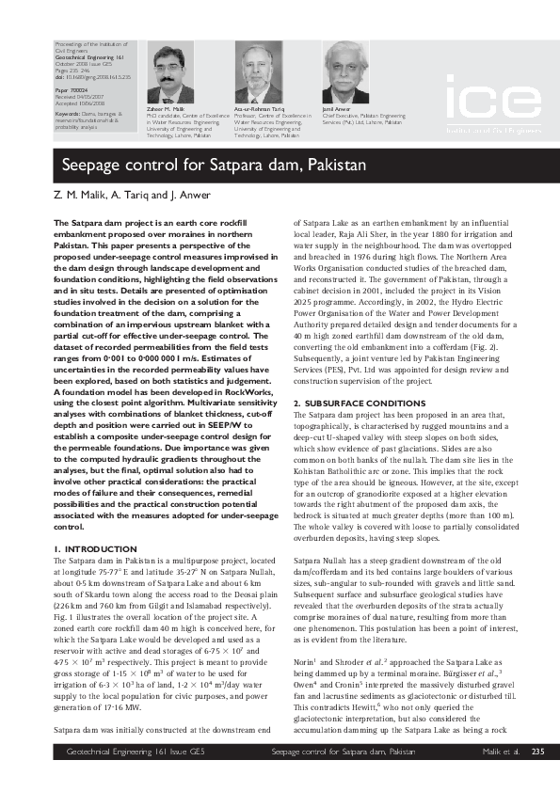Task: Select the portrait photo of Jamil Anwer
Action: click(x=346, y=71)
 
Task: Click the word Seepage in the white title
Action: click(x=92, y=166)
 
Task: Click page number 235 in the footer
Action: click(x=537, y=778)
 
